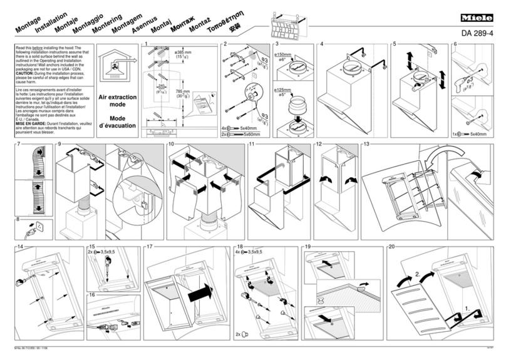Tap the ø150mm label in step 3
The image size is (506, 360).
(283, 54)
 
